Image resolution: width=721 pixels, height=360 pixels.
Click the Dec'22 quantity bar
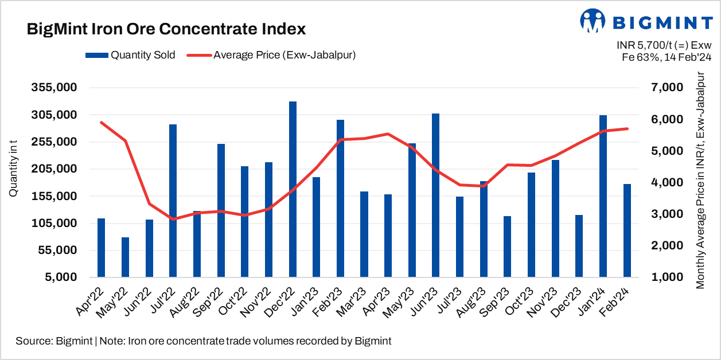(x=293, y=189)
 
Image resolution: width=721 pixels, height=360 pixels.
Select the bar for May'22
(x=125, y=257)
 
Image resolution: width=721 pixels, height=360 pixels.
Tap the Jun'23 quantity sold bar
(x=436, y=195)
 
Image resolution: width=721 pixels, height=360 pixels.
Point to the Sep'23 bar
(x=507, y=246)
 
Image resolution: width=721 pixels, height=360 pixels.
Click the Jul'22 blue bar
(x=173, y=201)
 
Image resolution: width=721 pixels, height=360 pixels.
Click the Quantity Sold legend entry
(x=130, y=55)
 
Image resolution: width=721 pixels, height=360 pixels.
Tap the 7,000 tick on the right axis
(x=670, y=88)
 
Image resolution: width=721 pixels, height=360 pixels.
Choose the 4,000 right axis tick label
(x=670, y=182)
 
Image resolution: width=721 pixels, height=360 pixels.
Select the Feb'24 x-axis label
(x=617, y=302)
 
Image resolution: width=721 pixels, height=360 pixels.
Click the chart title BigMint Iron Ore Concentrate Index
(x=166, y=29)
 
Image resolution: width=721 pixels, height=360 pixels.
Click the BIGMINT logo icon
(x=593, y=21)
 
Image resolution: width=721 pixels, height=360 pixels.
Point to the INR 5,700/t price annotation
(x=664, y=45)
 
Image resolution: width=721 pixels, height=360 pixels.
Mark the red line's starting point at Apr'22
(x=101, y=122)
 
